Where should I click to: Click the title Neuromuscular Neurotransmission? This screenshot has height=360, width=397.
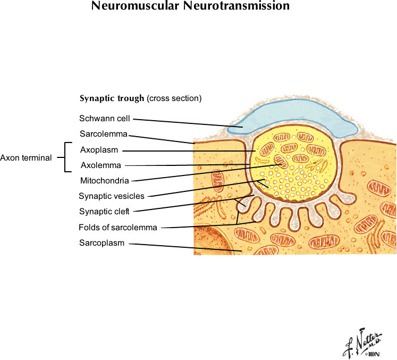tap(191, 6)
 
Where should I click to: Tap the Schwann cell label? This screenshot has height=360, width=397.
tap(105, 119)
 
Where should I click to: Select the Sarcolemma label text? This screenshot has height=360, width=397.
tap(104, 133)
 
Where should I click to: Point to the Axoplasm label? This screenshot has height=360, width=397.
tap(99, 149)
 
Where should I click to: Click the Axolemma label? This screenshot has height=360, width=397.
tap(100, 165)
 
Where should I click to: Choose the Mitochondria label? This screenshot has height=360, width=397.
tap(105, 180)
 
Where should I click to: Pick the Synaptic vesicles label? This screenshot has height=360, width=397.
tap(112, 196)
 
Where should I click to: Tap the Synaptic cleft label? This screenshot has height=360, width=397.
tap(104, 211)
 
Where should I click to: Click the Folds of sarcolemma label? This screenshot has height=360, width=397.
tap(118, 228)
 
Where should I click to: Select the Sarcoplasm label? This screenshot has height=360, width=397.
tap(102, 243)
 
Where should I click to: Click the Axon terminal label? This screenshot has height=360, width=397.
tap(26, 157)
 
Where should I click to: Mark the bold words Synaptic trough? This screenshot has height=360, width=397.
tap(112, 98)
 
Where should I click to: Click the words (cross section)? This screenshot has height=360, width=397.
tap(174, 98)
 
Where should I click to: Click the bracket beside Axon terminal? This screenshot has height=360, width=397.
tap(66, 157)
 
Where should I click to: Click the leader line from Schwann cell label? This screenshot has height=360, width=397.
tap(186, 123)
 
